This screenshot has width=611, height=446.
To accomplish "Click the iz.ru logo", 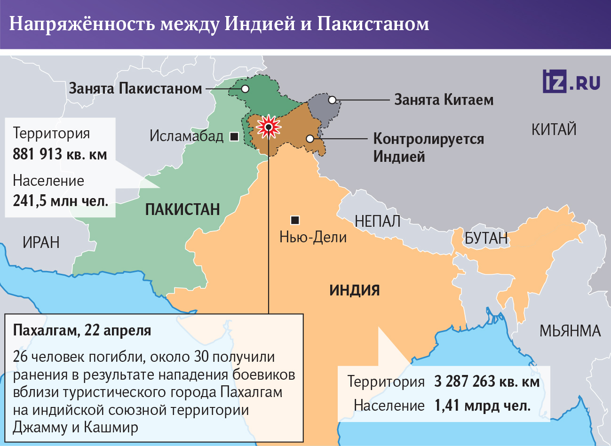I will tap(571, 82).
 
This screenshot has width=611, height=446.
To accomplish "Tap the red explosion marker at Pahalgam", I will tap(268, 127).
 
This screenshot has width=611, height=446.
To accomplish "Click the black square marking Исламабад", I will tap(234, 136).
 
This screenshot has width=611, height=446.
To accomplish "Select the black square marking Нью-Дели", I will tap(295, 220).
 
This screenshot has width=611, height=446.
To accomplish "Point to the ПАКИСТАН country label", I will tap(183, 209).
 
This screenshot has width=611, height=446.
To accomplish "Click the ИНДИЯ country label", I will tap(354, 290).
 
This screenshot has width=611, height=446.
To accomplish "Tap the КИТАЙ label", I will tap(554, 129).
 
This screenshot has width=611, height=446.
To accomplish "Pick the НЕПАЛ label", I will tap(377, 221).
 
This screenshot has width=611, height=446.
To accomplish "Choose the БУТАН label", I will tap(486, 239).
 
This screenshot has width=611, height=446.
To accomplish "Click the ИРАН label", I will tap(41, 243).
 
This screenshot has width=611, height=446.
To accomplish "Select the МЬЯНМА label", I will tap(570, 331).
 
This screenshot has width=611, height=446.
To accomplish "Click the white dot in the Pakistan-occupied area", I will tap(245, 88).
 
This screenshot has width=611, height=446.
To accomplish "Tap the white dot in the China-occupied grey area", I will tap(332, 100).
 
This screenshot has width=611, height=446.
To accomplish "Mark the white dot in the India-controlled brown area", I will tap(309, 138).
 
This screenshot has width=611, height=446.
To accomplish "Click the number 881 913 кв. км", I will tap(60, 154).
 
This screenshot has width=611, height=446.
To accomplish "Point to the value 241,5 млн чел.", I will tap(60, 201).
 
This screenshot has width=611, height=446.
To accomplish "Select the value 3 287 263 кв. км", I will tap(486, 382).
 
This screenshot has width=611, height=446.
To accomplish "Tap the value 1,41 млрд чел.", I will tap(483, 406).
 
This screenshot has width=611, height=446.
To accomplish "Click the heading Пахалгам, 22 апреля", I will tap(82, 330).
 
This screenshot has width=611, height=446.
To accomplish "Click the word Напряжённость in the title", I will tap(82, 24).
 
